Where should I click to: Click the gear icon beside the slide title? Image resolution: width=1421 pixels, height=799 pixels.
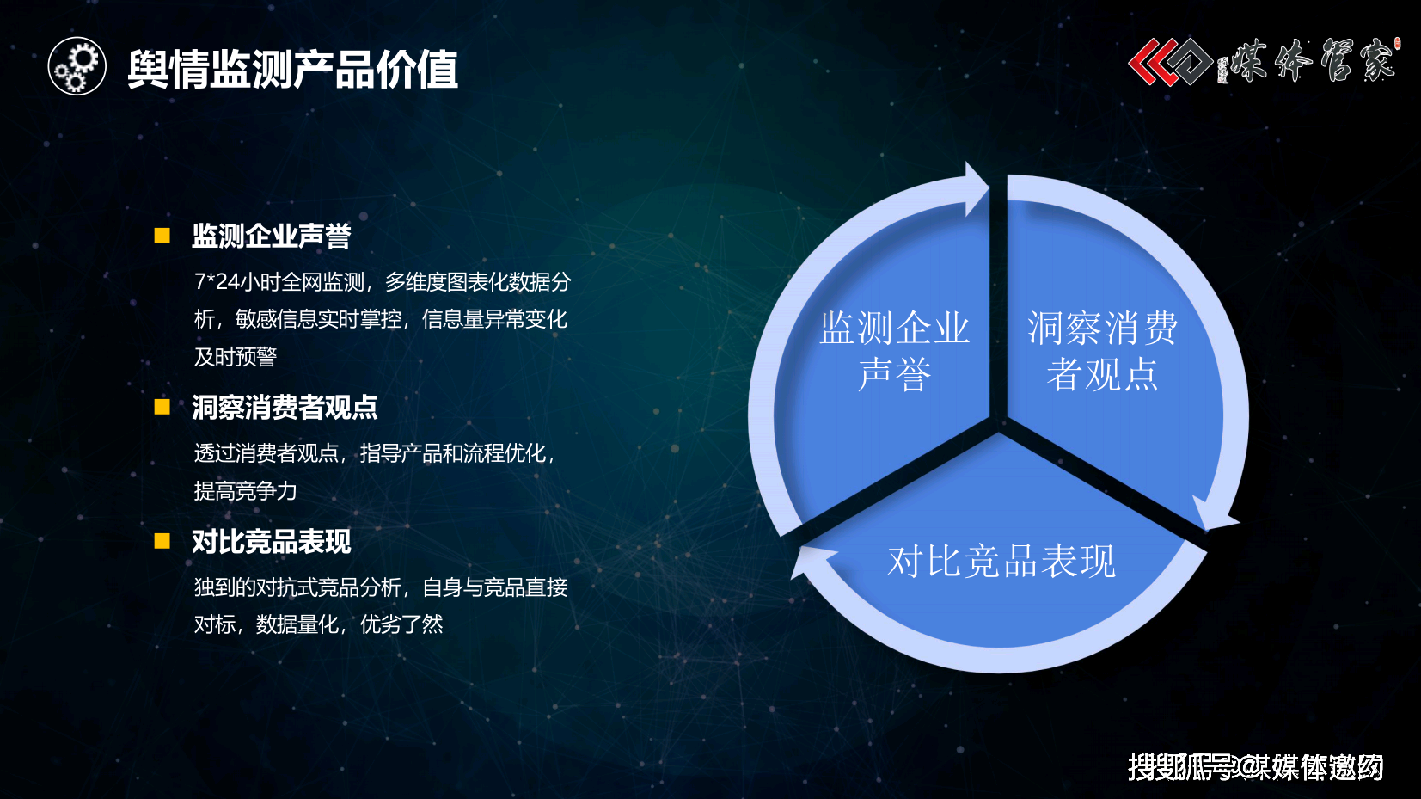(77, 67)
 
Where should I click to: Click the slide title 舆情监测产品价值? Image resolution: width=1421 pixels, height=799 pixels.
(292, 70)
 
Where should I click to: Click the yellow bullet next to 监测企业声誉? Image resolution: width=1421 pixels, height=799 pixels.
(162, 236)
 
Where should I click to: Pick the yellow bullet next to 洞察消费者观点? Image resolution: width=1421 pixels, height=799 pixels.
(162, 407)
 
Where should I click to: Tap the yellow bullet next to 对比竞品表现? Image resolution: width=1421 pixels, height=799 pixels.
(162, 541)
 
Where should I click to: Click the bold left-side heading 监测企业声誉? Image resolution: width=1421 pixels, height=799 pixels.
(271, 236)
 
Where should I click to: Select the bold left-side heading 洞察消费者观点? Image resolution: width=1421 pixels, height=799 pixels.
(285, 407)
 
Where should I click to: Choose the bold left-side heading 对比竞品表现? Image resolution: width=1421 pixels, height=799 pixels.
(271, 542)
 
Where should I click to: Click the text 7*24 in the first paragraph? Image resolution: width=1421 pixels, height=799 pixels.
(216, 282)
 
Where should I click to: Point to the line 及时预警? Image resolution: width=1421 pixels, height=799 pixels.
(236, 357)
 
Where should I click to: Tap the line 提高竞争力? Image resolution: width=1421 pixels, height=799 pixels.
(245, 491)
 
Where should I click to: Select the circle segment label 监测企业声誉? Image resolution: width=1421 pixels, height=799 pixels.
(894, 352)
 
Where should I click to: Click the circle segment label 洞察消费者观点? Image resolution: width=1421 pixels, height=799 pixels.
(1102, 352)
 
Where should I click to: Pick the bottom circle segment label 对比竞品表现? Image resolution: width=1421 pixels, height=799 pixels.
(1001, 562)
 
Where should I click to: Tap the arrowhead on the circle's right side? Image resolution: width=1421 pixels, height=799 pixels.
(1217, 515)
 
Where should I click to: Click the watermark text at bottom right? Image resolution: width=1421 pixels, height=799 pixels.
(1256, 766)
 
